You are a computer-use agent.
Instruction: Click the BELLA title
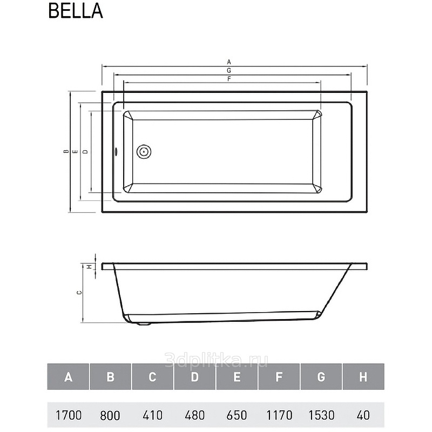[x=76, y=11]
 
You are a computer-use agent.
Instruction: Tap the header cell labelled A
[x=68, y=376]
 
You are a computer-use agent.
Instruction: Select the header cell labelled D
[x=194, y=376]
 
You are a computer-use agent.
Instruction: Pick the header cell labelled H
[x=363, y=376]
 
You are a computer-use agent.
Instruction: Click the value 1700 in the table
[x=69, y=415]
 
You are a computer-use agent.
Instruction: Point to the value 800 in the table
[x=110, y=415]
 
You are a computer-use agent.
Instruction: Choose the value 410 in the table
[x=152, y=415]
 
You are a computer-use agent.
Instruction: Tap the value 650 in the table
[x=237, y=415]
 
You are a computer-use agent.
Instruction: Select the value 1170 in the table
[x=279, y=415]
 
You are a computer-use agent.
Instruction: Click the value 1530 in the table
[x=321, y=415]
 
